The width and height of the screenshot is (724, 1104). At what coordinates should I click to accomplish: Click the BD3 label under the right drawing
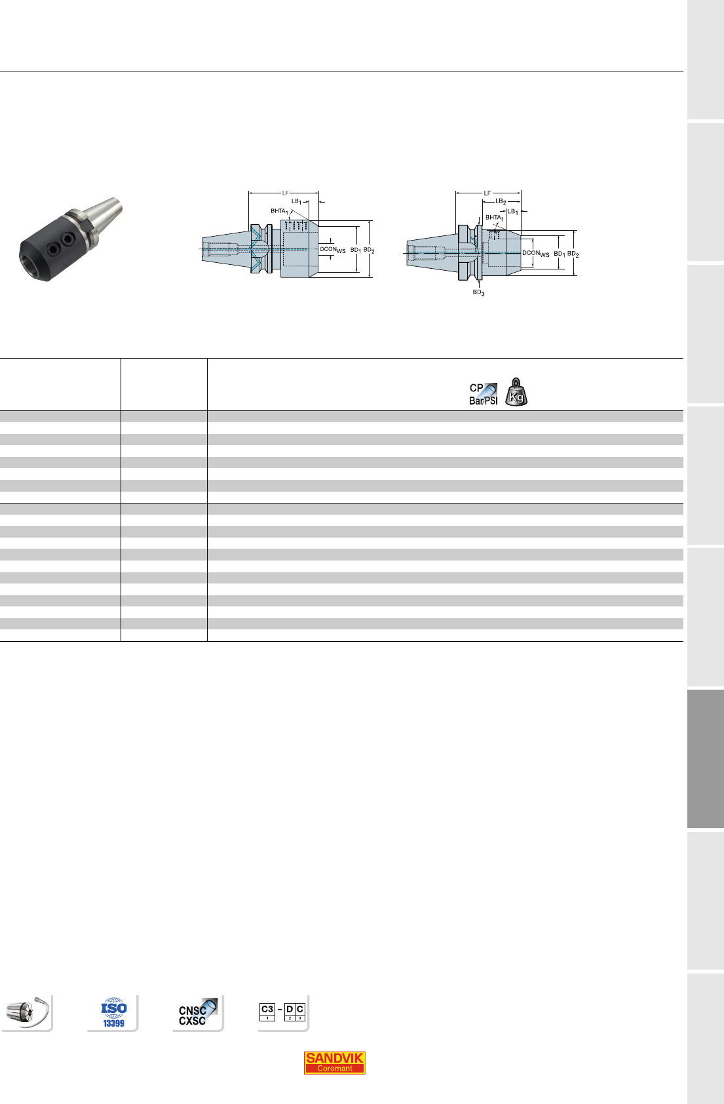[479, 293]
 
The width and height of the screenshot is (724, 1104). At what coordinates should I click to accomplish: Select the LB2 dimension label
[501, 201]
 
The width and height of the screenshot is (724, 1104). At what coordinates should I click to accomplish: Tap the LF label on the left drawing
[285, 193]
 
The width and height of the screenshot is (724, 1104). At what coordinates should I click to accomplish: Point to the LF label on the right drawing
[487, 193]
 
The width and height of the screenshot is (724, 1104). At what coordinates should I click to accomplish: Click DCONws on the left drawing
[333, 250]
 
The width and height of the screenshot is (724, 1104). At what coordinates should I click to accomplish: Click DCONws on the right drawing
[536, 253]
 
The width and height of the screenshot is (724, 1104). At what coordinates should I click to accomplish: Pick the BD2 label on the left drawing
[369, 250]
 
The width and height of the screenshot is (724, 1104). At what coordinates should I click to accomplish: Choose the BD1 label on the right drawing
[560, 254]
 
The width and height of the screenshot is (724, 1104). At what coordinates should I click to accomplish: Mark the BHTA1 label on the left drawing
[279, 212]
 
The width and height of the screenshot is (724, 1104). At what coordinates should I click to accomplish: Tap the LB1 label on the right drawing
[513, 212]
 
